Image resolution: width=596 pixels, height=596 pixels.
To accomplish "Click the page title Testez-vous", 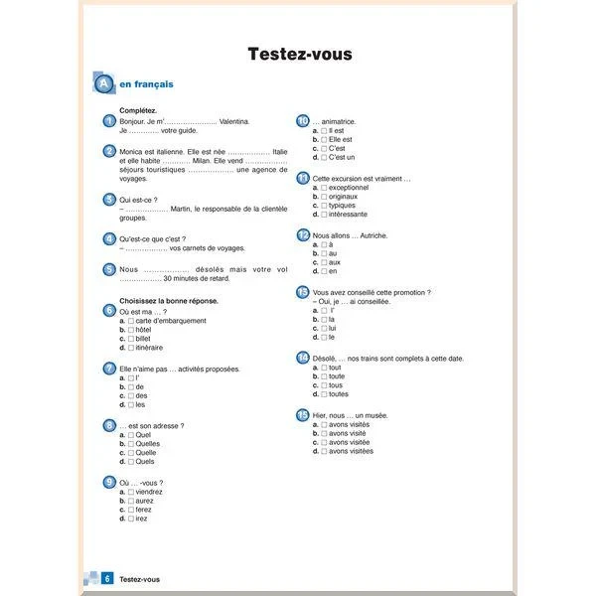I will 299,54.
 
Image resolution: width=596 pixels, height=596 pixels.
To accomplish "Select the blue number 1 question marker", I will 108,121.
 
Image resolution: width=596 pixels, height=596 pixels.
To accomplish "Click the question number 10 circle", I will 303,121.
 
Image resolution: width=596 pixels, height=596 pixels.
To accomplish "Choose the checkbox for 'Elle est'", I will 324,139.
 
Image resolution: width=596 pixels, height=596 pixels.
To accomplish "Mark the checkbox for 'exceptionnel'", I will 324,187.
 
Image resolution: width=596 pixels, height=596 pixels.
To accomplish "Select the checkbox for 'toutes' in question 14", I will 324,394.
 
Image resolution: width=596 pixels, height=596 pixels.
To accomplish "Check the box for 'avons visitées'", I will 324,451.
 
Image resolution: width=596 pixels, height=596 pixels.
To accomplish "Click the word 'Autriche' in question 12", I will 372,235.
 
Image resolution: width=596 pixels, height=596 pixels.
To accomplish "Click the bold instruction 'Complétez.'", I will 138,110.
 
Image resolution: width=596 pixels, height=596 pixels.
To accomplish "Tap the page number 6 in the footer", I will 106,578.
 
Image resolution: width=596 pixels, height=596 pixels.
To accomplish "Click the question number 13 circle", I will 303,292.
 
